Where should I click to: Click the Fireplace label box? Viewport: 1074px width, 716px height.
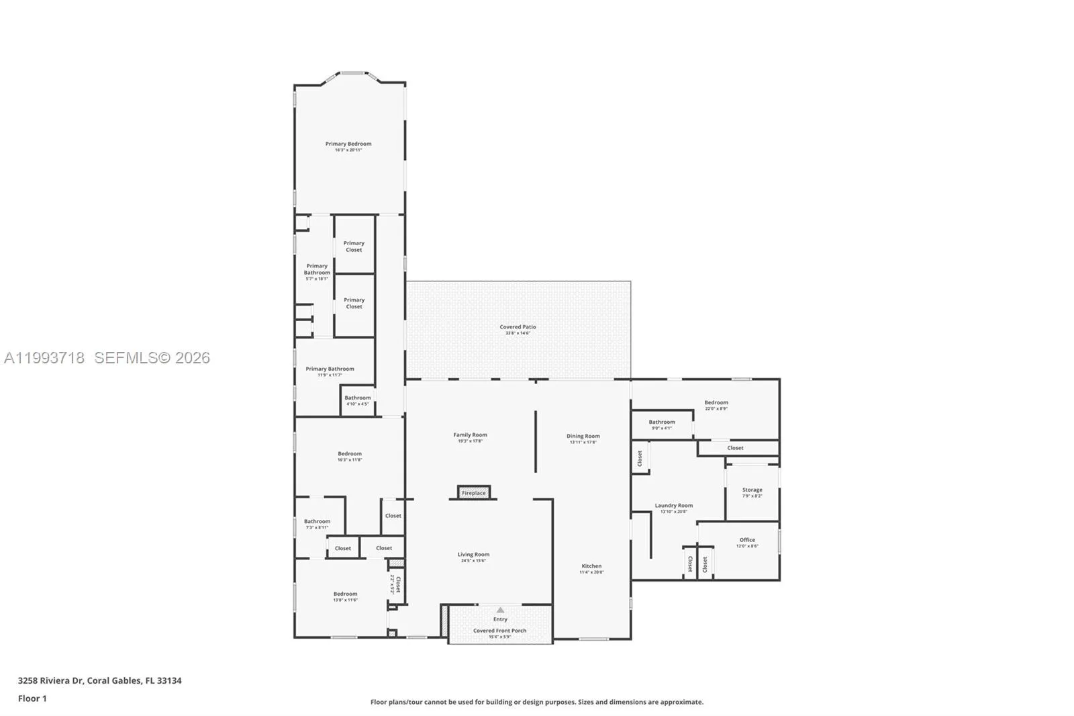(x=473, y=493)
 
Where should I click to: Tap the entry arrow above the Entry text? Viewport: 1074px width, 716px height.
(x=500, y=610)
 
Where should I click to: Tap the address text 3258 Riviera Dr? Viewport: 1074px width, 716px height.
(x=51, y=680)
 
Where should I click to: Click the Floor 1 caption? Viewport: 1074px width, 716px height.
(x=32, y=699)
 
